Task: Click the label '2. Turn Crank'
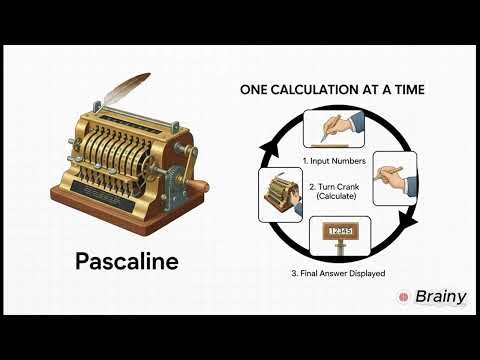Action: coord(331,186)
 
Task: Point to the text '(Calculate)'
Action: coord(331,197)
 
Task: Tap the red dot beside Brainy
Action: coord(403,297)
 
